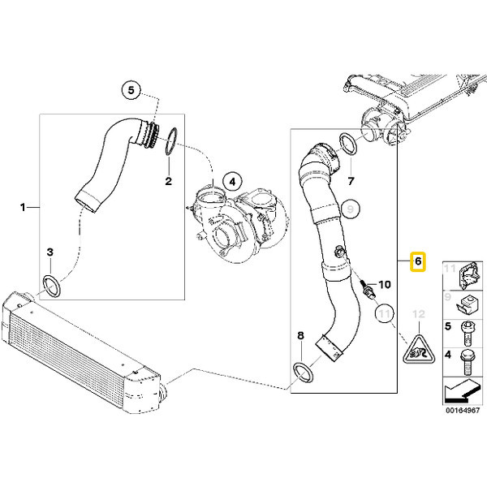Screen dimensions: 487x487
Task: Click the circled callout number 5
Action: point(131,90)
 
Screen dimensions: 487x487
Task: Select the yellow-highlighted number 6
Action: point(418,261)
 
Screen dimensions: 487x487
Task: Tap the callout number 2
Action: point(168,181)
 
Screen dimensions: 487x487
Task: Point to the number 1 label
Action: point(23,207)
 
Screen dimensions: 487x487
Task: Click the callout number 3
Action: point(50,252)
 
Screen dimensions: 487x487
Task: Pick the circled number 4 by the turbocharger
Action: point(232,182)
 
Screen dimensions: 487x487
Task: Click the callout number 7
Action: point(351,181)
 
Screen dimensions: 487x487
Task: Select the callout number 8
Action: point(300,335)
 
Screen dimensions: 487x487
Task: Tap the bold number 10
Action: point(384,284)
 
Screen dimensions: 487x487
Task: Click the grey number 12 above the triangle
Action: point(418,314)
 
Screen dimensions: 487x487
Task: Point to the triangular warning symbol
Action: point(419,349)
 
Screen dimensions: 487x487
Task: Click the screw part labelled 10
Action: point(367,288)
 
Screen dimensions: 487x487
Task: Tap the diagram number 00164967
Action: point(463,410)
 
